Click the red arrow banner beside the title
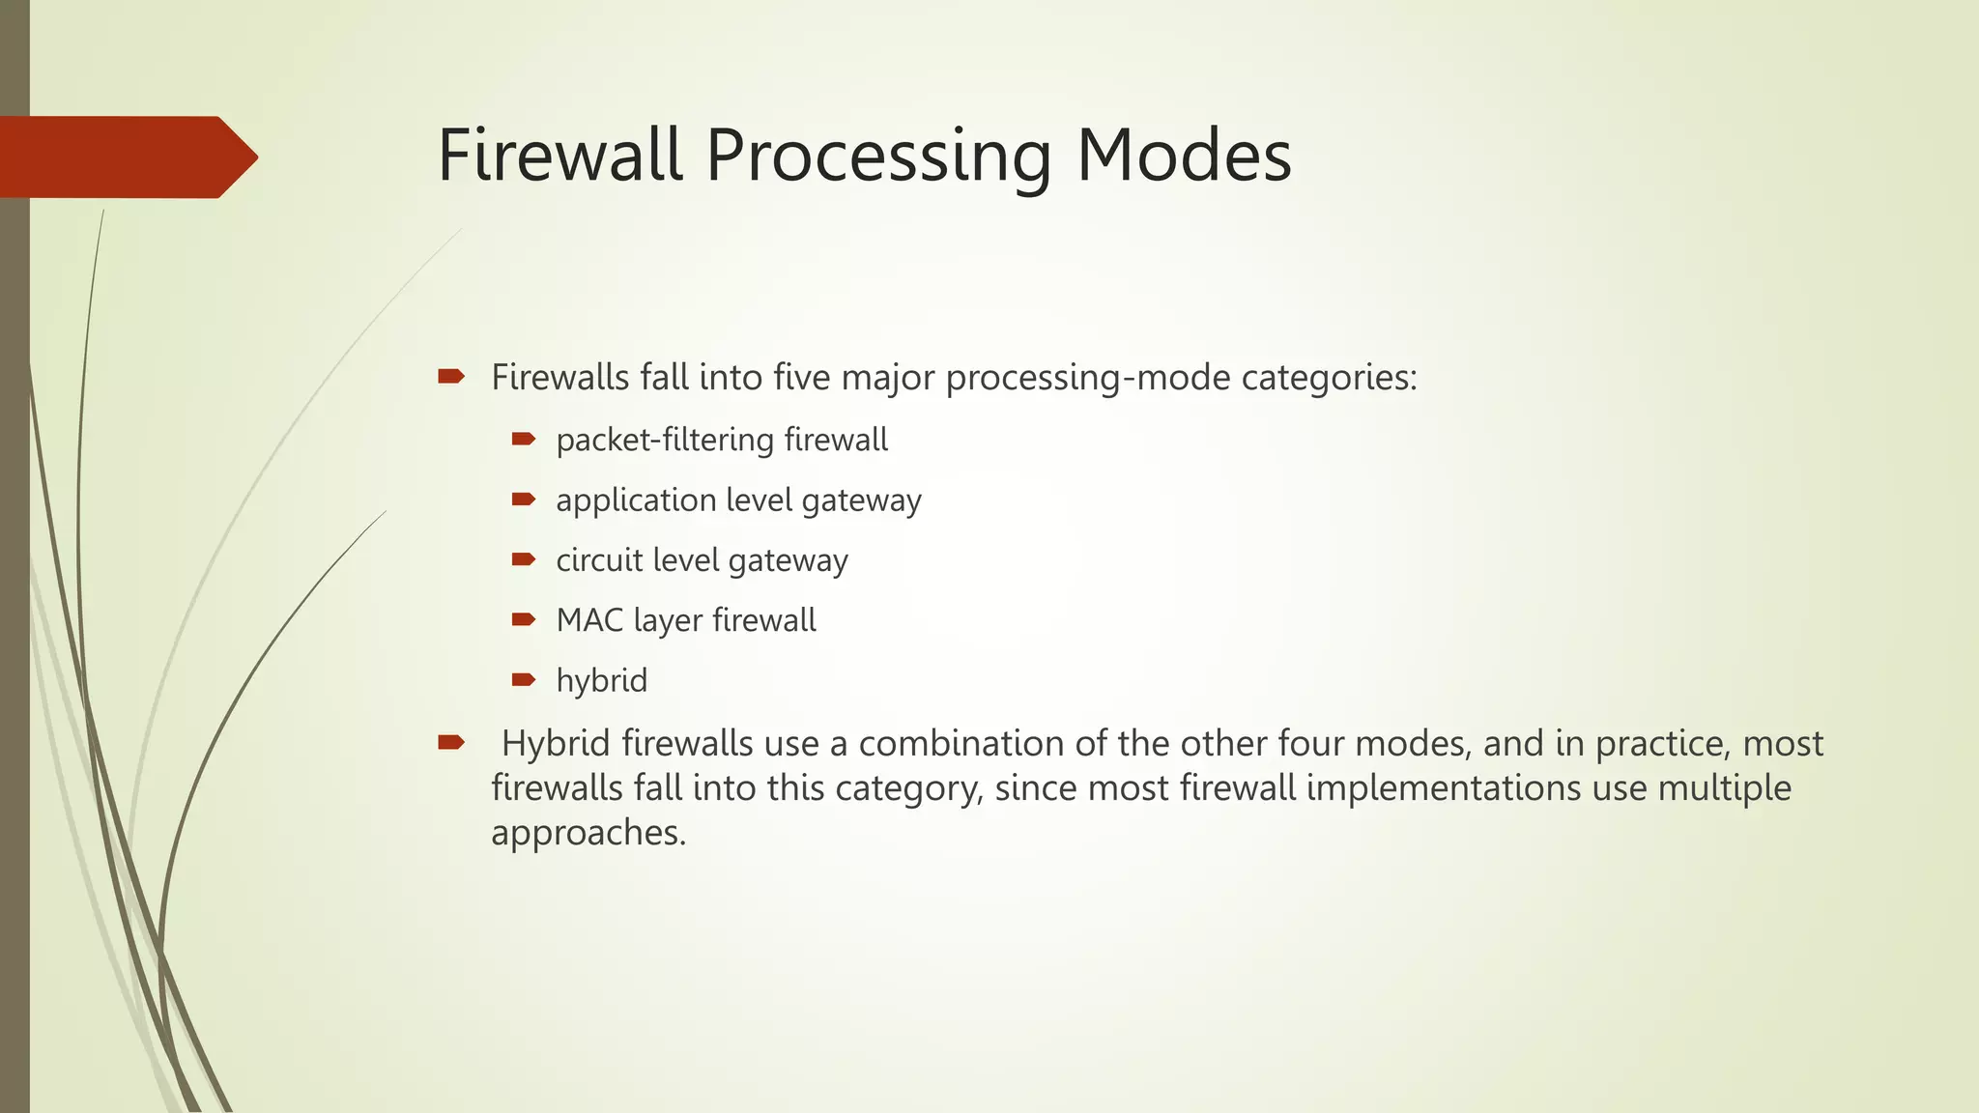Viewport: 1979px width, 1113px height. (126, 157)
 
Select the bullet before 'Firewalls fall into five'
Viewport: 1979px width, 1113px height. (450, 377)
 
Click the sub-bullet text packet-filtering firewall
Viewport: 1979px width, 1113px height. (721, 440)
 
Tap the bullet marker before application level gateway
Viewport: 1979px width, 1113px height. (523, 499)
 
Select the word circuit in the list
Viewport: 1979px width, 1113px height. (598, 560)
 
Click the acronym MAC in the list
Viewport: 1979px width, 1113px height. (589, 620)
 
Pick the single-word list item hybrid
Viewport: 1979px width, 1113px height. (601, 680)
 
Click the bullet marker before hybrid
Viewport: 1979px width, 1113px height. (523, 680)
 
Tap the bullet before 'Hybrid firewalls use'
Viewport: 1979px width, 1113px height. (450, 743)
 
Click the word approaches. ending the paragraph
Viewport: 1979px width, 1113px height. (588, 832)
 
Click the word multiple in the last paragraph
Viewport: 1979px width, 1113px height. (1724, 787)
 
